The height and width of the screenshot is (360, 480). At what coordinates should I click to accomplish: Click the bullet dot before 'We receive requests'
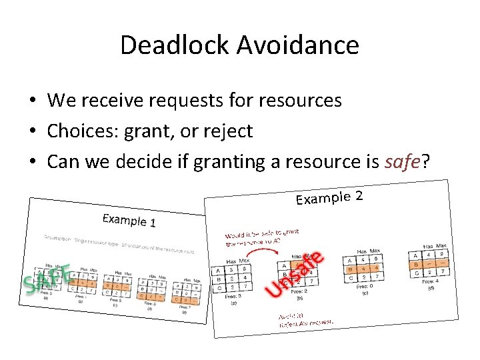pos(32,101)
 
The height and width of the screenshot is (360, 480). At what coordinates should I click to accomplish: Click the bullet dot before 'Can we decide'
pos(32,162)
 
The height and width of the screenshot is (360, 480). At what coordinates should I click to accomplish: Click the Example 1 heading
pos(129,221)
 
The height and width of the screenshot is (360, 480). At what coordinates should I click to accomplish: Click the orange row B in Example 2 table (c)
pos(363,269)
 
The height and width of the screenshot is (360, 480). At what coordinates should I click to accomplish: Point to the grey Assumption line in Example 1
pos(120,243)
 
